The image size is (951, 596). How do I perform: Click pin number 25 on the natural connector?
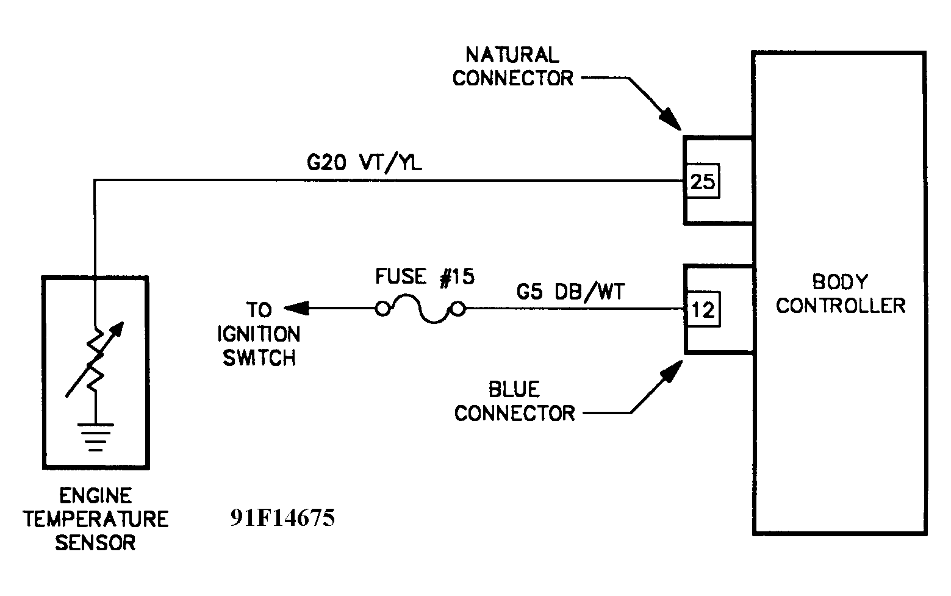point(702,181)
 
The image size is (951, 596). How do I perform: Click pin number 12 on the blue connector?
point(703,311)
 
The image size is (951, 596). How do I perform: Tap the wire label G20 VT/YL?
point(364,164)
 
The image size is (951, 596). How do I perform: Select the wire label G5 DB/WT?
point(570,292)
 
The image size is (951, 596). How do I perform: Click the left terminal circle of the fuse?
point(382,309)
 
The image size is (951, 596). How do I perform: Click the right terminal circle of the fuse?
point(458,309)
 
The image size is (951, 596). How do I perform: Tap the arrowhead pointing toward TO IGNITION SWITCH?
point(296,309)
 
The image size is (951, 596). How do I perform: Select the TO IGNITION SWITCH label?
point(260,334)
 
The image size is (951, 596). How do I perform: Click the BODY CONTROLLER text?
point(840,293)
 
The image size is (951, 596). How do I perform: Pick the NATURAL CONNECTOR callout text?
point(512,66)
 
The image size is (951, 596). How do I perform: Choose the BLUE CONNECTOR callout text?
point(514,401)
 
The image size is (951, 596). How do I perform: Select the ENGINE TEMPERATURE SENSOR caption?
point(96,519)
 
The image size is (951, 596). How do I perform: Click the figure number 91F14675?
point(282,518)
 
